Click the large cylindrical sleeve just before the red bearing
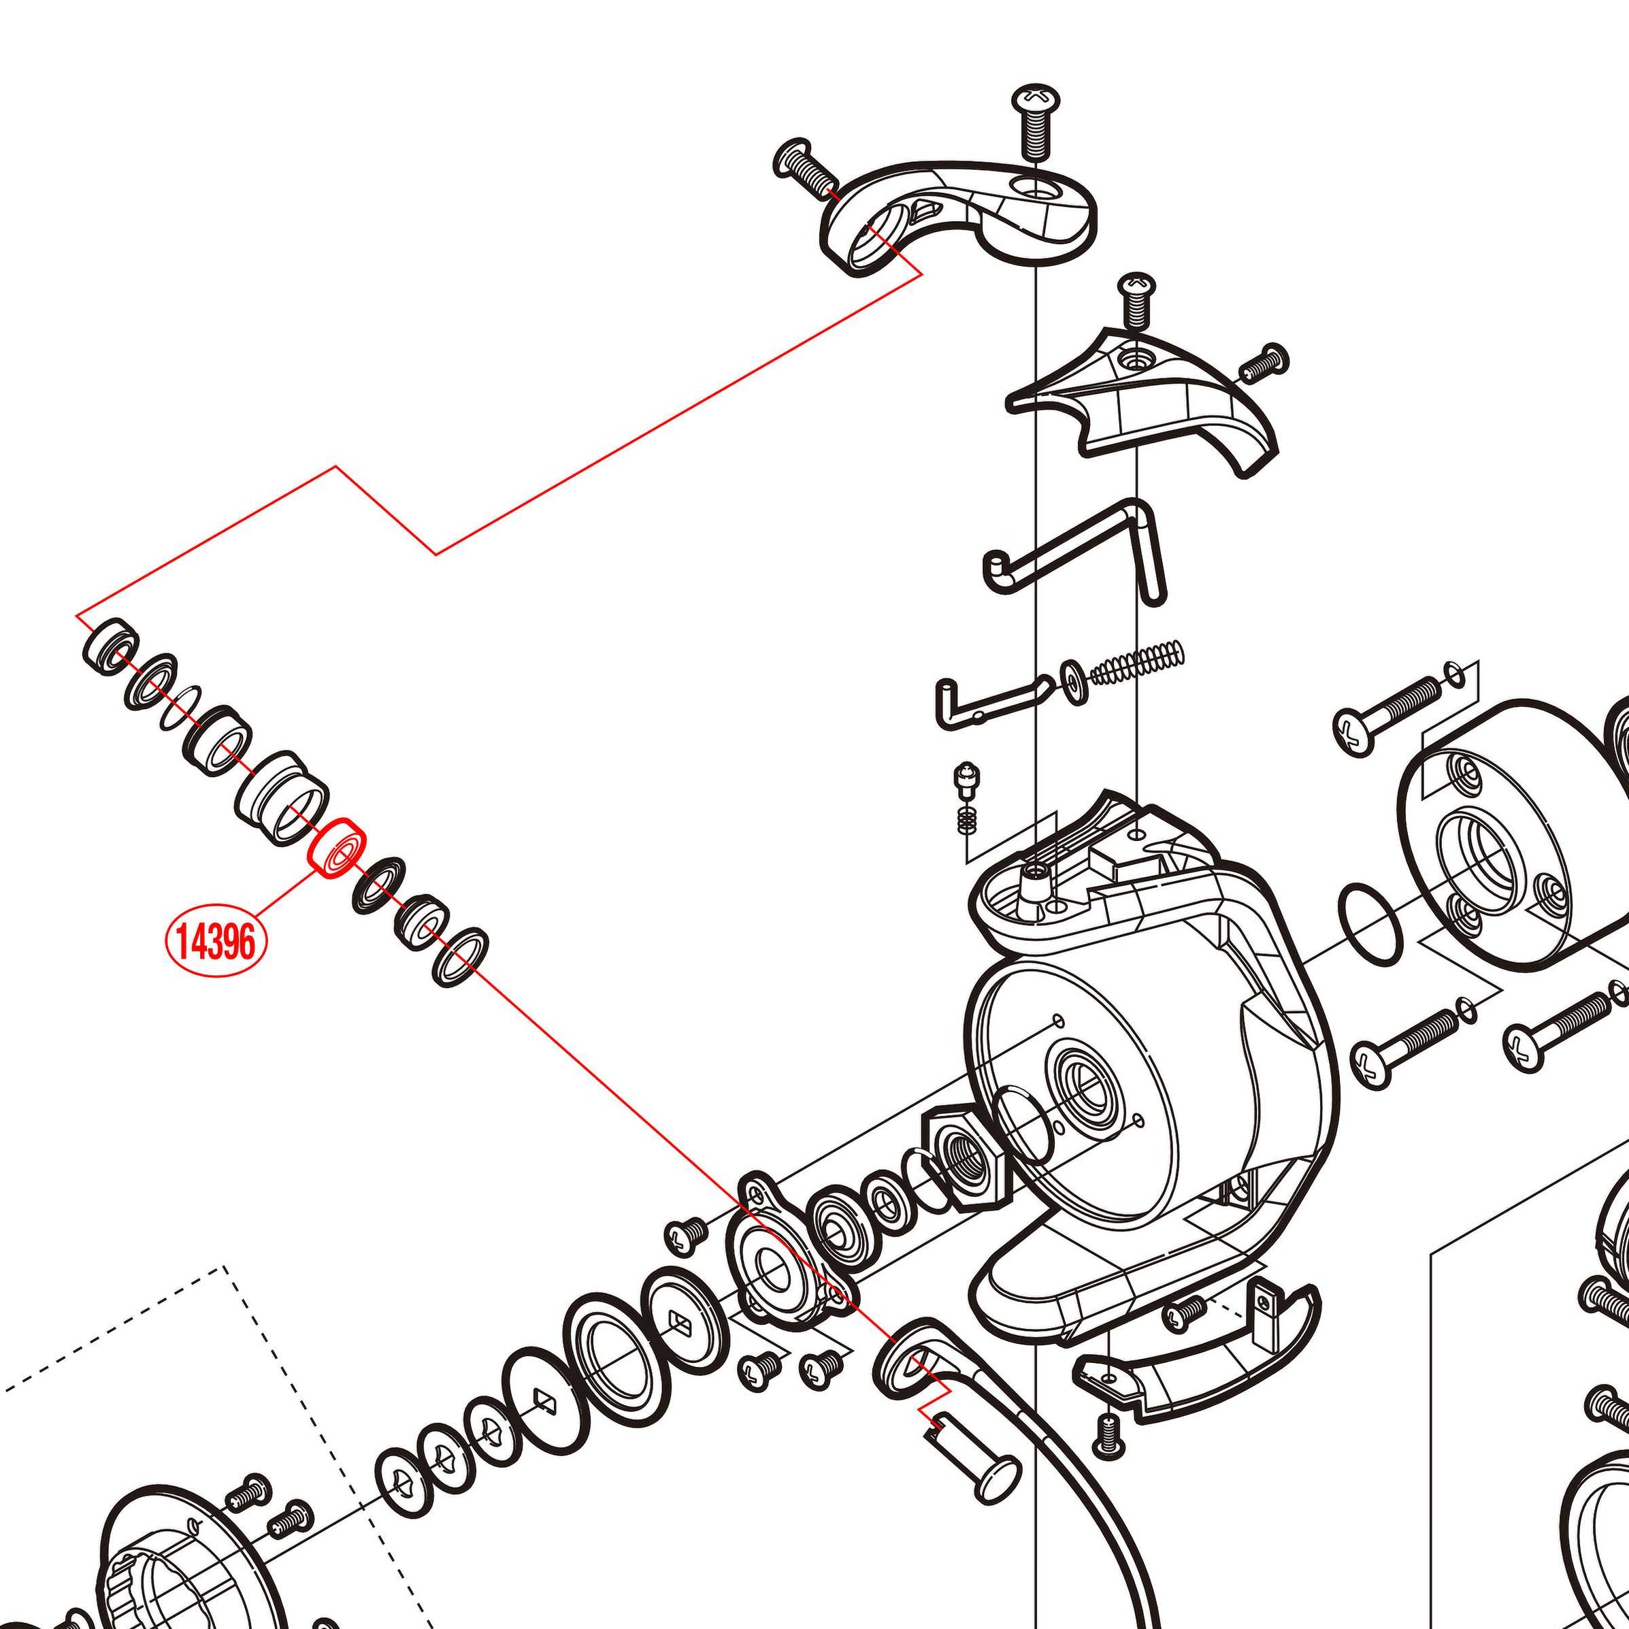[x=281, y=797]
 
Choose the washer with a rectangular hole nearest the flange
[x=680, y=1320]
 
